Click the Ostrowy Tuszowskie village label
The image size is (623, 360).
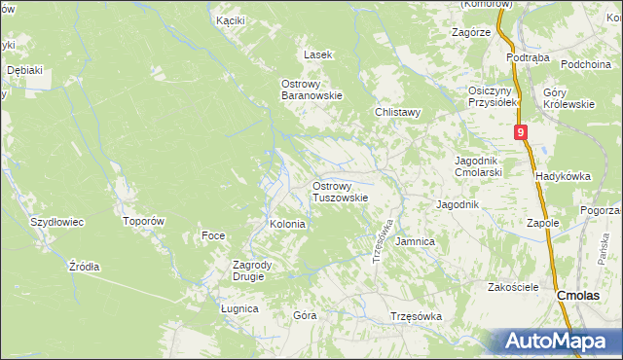(x=340, y=191)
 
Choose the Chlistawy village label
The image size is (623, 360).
(x=398, y=112)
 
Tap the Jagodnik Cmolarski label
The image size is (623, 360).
(x=478, y=166)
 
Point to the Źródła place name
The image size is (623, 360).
(x=85, y=266)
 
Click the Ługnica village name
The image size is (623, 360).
(x=239, y=308)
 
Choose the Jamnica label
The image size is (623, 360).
(x=416, y=240)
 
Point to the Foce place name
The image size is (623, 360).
(x=213, y=235)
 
